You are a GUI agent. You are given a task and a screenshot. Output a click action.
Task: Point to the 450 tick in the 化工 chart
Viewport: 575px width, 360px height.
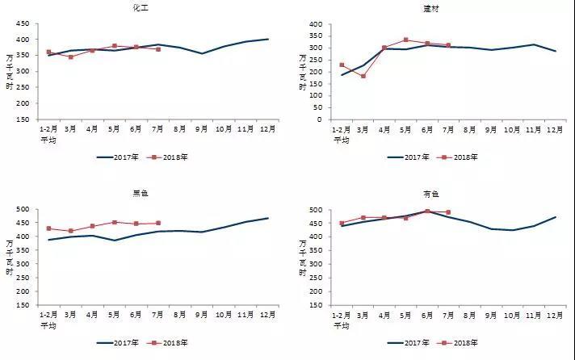tap(25, 24)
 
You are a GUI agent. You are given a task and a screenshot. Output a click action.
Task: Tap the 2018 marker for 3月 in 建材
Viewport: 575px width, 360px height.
tap(363, 76)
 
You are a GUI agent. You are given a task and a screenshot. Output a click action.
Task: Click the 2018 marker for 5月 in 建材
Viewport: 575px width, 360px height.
tap(406, 40)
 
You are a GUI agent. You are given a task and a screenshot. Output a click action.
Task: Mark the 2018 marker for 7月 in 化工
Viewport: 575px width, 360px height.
tap(157, 49)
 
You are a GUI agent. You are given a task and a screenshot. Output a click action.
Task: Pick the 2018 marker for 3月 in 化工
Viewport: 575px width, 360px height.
tap(71, 57)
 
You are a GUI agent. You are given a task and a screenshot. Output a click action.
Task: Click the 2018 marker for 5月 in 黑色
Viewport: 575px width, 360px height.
tap(115, 222)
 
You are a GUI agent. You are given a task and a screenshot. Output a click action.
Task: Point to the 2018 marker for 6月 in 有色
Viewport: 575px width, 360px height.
tap(427, 211)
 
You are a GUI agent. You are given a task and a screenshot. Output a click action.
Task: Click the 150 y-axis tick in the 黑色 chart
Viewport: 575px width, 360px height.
tap(25, 304)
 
